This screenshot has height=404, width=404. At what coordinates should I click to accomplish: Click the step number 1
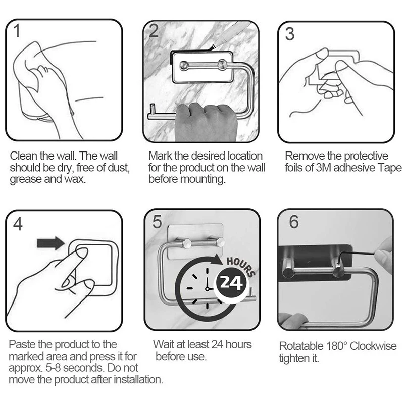pyautogui.click(x=17, y=31)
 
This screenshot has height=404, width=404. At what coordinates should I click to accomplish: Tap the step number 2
pyautogui.click(x=154, y=31)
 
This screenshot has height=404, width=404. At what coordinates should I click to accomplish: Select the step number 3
pyautogui.click(x=289, y=34)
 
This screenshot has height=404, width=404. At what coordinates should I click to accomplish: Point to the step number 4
pyautogui.click(x=18, y=224)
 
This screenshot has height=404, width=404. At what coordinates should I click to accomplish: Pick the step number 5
pyautogui.click(x=157, y=222)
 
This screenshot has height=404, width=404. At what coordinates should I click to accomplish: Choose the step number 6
pyautogui.click(x=294, y=222)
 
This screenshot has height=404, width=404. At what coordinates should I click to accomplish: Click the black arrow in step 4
pyautogui.click(x=50, y=243)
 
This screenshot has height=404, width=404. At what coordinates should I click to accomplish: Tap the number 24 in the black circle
pyautogui.click(x=231, y=283)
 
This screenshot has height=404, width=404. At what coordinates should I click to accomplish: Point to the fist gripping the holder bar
pyautogui.click(x=206, y=121)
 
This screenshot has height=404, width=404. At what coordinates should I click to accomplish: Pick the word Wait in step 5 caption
pyautogui.click(x=163, y=344)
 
